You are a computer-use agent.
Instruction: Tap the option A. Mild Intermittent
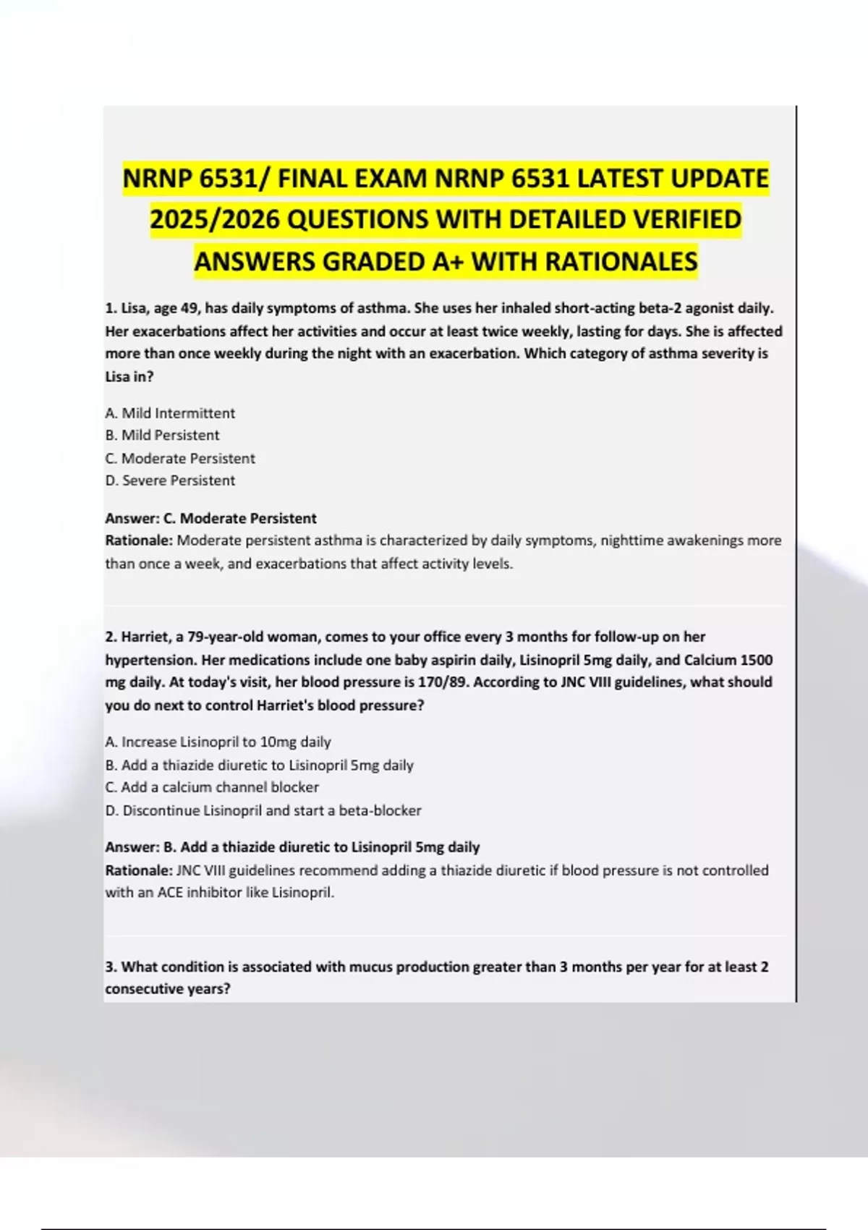[170, 413]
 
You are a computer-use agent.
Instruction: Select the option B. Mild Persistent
[162, 436]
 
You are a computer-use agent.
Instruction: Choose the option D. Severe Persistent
[170, 480]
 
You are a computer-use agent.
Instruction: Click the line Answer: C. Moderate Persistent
[210, 518]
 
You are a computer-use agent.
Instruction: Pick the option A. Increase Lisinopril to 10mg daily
[218, 742]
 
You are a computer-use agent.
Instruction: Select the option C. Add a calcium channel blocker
[212, 787]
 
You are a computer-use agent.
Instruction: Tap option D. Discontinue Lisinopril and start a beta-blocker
[263, 810]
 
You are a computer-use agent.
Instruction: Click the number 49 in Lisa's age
[189, 308]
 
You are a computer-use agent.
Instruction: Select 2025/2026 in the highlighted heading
[216, 219]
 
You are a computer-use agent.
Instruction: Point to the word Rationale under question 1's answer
[139, 540]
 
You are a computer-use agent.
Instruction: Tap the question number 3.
[111, 967]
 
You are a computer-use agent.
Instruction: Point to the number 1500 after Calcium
[756, 660]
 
